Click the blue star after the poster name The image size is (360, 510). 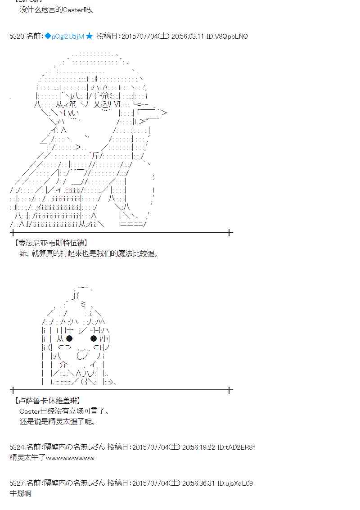coord(89,36)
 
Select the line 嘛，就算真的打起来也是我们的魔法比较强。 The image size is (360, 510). coord(89,254)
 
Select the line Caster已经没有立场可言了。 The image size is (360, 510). coord(64,411)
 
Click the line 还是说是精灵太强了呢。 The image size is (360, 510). coord(58,422)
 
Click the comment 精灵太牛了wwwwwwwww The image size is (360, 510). coord(52,458)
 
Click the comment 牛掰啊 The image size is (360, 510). coord(20,493)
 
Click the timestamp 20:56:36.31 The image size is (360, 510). coord(198,483)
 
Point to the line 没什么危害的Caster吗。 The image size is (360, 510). coord(58,9)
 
